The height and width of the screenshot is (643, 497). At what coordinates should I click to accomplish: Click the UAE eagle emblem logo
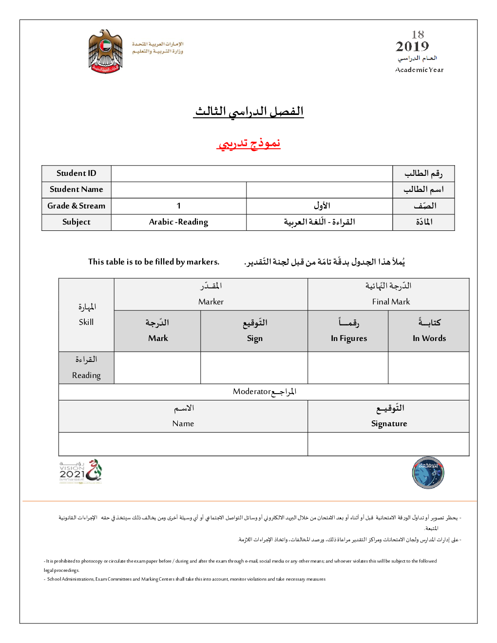pyautogui.click(x=105, y=51)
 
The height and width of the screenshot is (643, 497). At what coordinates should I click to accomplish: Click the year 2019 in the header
pyautogui.click(x=412, y=47)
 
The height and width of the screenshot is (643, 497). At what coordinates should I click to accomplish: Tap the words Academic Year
pyautogui.click(x=419, y=70)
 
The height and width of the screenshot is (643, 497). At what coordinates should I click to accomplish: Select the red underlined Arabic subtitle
pyautogui.click(x=248, y=143)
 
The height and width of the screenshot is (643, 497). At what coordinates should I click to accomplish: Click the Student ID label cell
pyautogui.click(x=76, y=173)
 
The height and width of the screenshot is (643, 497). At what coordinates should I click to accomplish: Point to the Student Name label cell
pyautogui.click(x=76, y=189)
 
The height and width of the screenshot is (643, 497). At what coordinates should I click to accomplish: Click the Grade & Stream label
pyautogui.click(x=76, y=206)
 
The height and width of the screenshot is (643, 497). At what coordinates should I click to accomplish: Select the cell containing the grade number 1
pyautogui.click(x=179, y=206)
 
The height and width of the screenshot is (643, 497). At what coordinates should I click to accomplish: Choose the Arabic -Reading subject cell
pyautogui.click(x=179, y=222)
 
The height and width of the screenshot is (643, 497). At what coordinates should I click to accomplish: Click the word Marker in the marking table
pyautogui.click(x=211, y=302)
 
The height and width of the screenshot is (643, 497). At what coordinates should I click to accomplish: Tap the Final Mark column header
pyautogui.click(x=391, y=302)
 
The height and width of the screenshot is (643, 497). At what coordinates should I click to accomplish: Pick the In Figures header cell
pyautogui.click(x=349, y=339)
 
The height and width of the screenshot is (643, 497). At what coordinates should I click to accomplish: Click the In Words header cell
pyautogui.click(x=429, y=339)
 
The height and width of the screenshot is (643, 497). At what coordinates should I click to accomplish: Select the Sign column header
pyautogui.click(x=254, y=339)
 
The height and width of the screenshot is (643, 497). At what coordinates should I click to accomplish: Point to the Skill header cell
pyautogui.click(x=86, y=322)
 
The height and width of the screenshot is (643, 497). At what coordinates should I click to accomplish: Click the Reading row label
pyautogui.click(x=86, y=375)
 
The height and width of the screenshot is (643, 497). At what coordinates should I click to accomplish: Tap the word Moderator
pyautogui.click(x=251, y=392)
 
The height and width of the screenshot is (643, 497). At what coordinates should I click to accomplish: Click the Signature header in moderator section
pyautogui.click(x=389, y=424)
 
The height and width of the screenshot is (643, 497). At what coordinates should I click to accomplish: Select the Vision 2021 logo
pyautogui.click(x=80, y=472)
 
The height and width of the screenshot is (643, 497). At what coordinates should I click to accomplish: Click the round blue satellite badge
pyautogui.click(x=428, y=473)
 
